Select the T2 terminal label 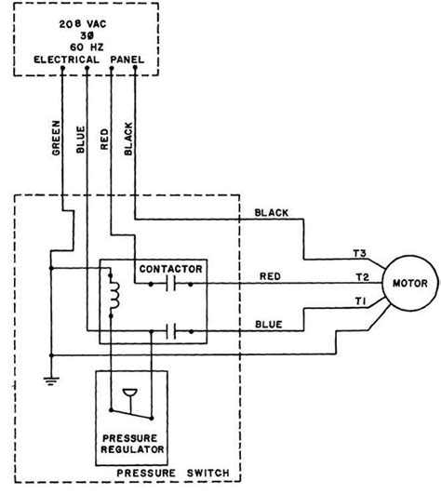coord(361,278)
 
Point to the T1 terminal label coord(361,301)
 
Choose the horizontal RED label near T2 coord(269,275)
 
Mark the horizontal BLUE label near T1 coord(271,323)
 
